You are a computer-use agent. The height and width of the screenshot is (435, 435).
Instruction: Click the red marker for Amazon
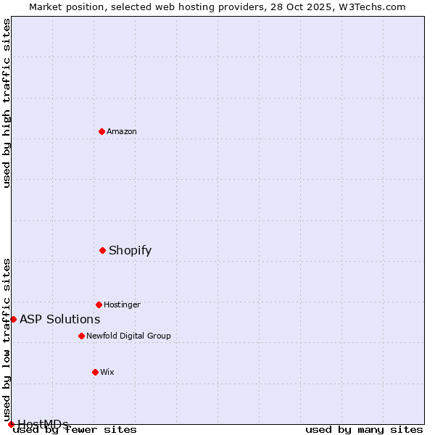tap(101, 131)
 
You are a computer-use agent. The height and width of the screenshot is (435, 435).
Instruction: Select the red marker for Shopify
tap(102, 250)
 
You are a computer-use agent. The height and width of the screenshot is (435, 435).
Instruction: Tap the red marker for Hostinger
tap(99, 304)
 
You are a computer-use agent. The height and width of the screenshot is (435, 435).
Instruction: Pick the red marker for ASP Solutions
tap(13, 319)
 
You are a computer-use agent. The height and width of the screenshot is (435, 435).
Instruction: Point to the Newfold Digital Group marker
tap(81, 336)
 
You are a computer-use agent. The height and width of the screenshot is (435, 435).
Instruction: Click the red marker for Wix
tap(95, 372)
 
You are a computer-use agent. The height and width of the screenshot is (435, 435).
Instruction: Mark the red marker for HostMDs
tap(11, 424)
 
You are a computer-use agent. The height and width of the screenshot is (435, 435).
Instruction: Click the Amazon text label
tap(122, 131)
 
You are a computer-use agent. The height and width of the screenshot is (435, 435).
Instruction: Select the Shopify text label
tap(130, 251)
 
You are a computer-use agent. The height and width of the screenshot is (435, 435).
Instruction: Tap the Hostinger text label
tap(122, 304)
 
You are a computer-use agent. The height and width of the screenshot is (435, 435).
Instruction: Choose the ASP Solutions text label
tap(59, 319)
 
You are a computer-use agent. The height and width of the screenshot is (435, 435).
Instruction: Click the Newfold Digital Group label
tap(128, 336)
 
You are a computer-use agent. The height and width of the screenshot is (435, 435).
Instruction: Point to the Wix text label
tap(107, 372)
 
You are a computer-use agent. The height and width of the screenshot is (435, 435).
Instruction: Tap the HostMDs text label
tap(43, 424)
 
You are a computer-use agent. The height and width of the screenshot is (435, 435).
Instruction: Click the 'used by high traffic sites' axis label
tap(7, 103)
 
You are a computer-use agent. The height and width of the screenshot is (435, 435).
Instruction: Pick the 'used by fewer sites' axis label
tap(75, 430)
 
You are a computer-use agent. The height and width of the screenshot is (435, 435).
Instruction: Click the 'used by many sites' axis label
tap(364, 430)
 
